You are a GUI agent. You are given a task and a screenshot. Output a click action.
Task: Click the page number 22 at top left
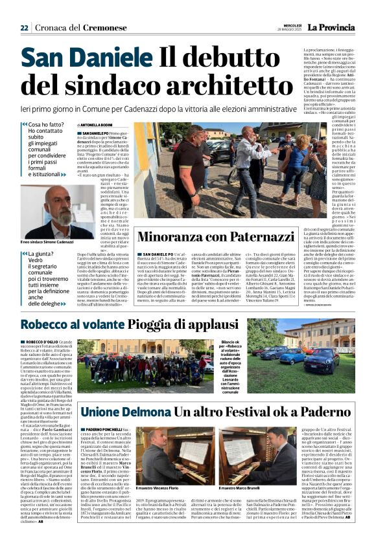tap(24, 28)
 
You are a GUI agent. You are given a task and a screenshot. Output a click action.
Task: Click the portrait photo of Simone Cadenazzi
tap(57, 213)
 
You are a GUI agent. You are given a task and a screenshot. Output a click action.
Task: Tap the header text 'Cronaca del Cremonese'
tap(81, 28)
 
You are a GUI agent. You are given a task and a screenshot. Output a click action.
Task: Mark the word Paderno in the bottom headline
tap(314, 411)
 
